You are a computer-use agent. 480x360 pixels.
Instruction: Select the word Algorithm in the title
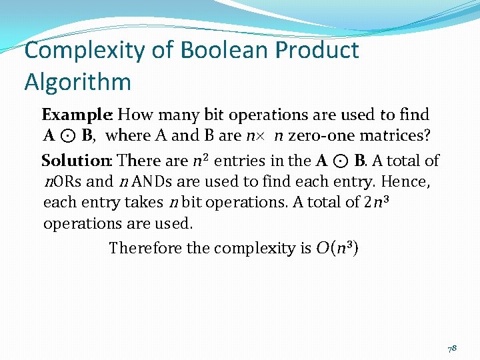[x=77, y=81]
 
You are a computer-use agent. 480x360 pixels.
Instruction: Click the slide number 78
[x=452, y=349]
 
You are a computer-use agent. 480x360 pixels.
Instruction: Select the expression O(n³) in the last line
[x=337, y=248]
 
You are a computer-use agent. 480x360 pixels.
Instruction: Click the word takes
[x=140, y=202]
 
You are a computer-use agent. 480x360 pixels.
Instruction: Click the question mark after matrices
[x=427, y=136]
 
